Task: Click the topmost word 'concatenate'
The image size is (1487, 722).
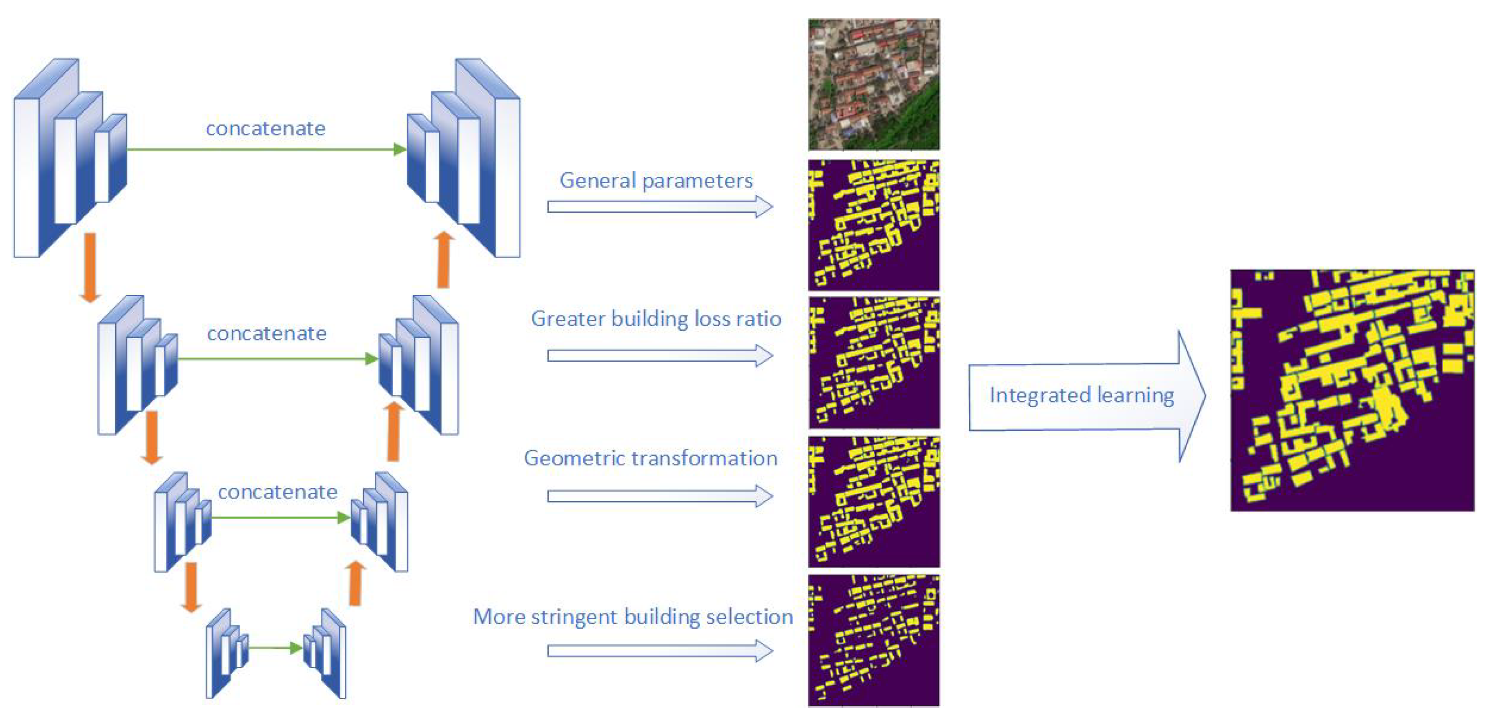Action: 265,128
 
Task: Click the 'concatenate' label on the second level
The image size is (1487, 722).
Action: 267,333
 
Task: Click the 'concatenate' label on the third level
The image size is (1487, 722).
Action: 277,491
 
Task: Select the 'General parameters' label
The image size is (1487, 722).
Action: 656,180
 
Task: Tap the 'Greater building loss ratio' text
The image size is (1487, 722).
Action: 656,318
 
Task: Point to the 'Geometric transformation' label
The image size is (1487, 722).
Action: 650,458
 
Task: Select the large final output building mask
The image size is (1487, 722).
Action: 1352,390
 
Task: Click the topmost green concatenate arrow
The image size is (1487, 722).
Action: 265,149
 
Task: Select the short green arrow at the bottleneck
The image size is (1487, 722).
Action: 275,648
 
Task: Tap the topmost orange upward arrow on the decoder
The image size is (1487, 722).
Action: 443,260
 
